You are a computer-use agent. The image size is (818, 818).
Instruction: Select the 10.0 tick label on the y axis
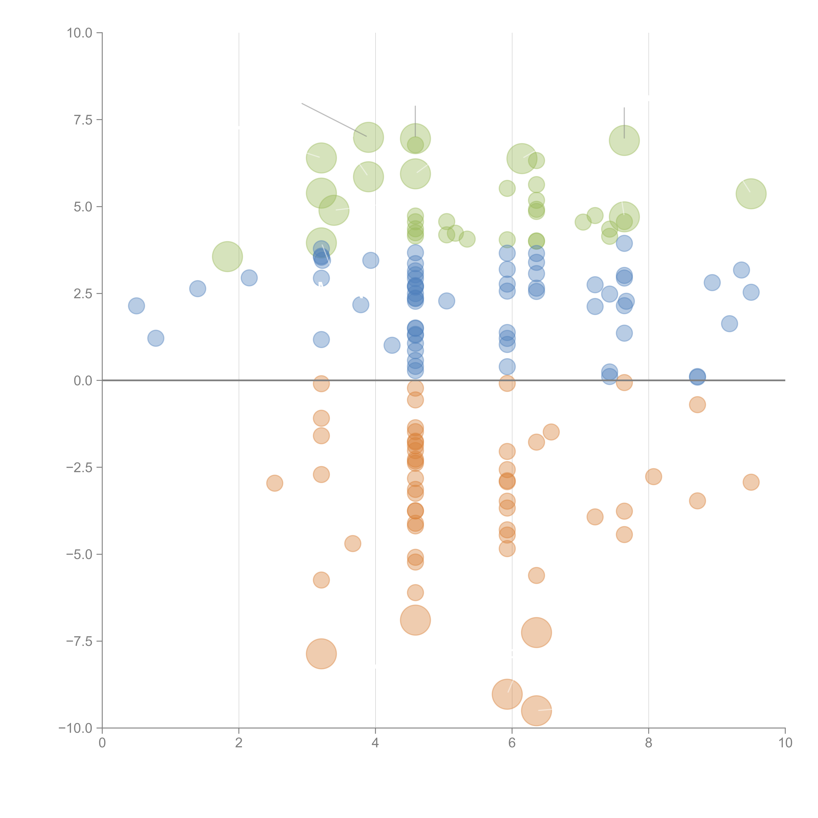point(80,33)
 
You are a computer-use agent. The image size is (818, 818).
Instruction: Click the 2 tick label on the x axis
point(239,743)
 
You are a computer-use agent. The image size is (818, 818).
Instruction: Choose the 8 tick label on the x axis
point(649,743)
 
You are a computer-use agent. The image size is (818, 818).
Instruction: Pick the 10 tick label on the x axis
point(785,743)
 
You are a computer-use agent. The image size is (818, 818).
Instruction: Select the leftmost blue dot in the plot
point(136,306)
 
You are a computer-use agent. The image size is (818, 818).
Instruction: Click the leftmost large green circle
point(227,257)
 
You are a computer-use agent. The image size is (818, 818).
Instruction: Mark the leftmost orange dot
point(275,483)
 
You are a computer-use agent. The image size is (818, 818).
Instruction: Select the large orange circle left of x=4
point(321,654)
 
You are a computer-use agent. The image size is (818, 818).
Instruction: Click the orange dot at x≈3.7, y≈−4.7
point(353,543)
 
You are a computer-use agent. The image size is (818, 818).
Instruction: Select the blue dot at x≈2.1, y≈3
point(249,278)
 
